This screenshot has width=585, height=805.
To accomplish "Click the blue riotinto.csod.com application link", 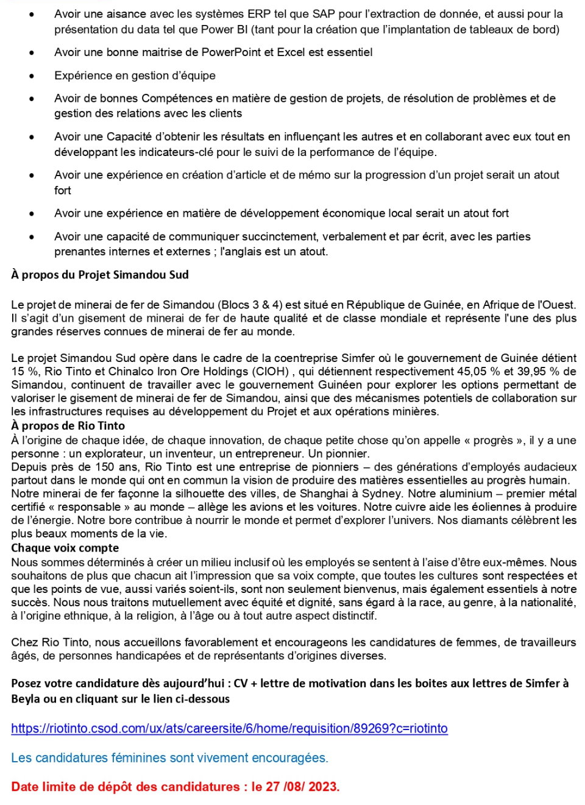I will click(229, 728).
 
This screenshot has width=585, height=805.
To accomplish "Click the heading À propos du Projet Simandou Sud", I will click(100, 275).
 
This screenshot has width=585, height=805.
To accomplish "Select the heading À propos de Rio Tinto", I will click(68, 426).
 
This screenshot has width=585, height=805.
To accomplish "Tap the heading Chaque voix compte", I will click(65, 548).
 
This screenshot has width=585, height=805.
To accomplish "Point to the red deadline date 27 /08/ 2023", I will click(302, 787).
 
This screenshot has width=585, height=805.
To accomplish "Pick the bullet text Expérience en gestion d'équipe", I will click(135, 76).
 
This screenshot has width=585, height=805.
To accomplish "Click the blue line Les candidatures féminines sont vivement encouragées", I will click(169, 757).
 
